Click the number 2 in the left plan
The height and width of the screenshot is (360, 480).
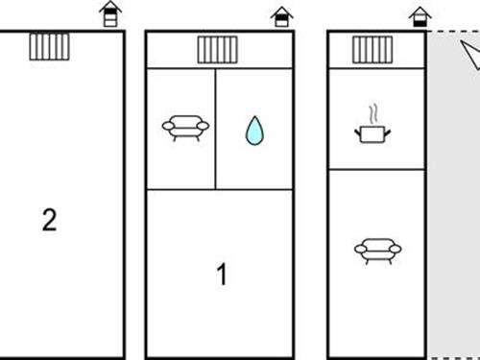coord(50,220)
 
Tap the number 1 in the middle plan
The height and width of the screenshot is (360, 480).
coord(222,274)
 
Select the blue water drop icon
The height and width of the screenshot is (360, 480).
coord(254,131)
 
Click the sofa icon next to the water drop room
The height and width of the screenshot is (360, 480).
coord(185,128)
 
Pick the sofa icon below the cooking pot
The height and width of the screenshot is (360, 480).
coord(377,252)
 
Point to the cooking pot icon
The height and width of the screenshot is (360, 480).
coord(372,133)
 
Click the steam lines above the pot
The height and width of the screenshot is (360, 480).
coord(373,114)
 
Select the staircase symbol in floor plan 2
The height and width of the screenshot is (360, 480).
coord(50,47)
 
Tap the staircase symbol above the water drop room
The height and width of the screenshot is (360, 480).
coord(218,50)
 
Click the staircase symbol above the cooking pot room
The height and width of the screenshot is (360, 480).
coord(372,50)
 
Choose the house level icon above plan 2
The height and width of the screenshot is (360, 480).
coord(110,13)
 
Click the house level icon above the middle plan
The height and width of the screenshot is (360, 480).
coord(281,16)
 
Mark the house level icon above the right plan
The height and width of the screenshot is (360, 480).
coord(420,17)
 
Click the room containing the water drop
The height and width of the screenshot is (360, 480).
coord(254,129)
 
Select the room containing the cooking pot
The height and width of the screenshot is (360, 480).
coord(377,119)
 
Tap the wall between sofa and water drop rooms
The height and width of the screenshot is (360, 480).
coord(216,129)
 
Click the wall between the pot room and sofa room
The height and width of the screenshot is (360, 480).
coord(377,169)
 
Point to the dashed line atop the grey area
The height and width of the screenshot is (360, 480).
coord(454,32)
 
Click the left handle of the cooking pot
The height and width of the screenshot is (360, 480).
coord(358,132)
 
